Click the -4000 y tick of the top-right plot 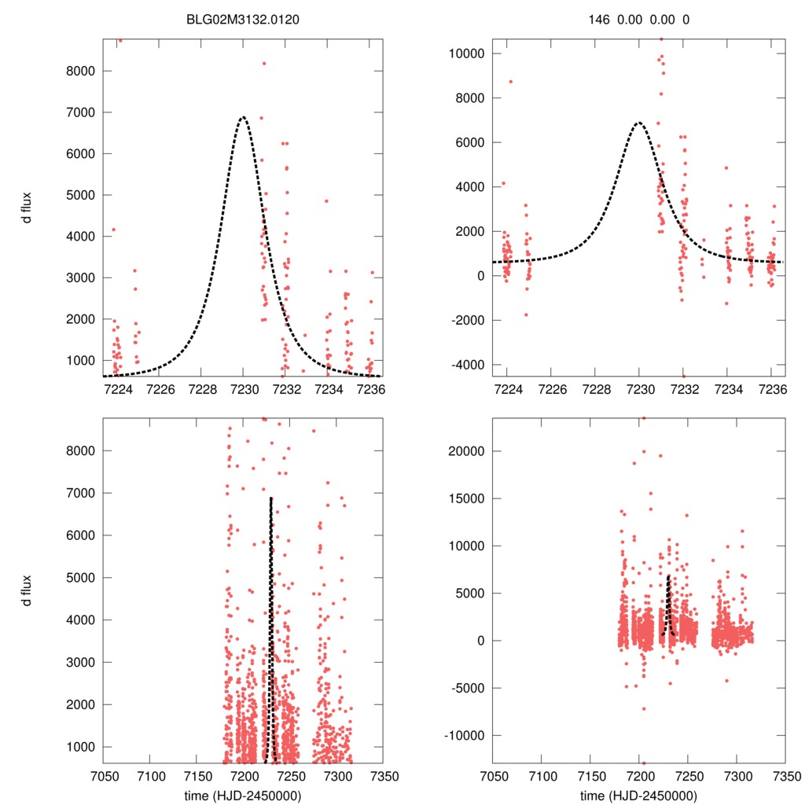[x=469, y=365]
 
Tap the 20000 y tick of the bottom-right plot [x=467, y=451]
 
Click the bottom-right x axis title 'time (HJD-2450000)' [x=638, y=796]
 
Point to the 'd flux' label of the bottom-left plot [x=28, y=591]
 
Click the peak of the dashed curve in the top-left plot [x=243, y=117]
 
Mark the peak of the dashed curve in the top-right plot [x=639, y=123]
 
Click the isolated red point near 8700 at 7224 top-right [x=511, y=81]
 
